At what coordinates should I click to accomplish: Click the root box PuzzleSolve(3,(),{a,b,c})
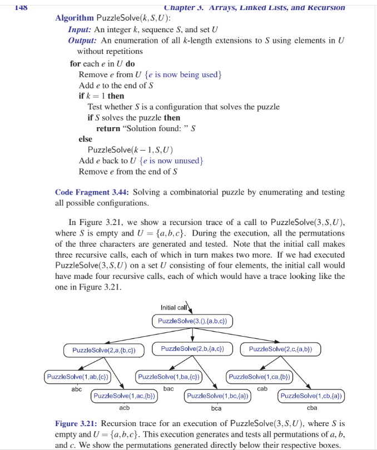coord(192,321)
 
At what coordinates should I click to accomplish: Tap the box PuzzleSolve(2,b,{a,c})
coord(192,349)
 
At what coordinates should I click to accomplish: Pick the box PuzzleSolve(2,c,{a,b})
coord(280,349)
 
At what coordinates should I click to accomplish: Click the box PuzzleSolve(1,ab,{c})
coord(77,377)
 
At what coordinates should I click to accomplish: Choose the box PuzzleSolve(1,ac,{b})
coord(125,396)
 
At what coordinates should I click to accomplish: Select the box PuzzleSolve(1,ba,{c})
coord(168,377)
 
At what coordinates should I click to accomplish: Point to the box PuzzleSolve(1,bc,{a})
coord(217,396)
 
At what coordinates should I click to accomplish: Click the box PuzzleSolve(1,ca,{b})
coord(259,377)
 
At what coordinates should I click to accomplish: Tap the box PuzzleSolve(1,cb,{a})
coord(311,396)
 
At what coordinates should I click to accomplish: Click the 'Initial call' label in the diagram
coord(172,308)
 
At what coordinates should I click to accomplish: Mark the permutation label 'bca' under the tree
coord(216,408)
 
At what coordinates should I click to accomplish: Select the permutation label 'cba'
coord(311,408)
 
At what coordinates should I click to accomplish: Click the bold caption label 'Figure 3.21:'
coord(77,424)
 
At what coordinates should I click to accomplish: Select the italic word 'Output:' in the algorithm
coord(83,41)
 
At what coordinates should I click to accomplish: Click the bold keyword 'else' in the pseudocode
coord(86,139)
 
